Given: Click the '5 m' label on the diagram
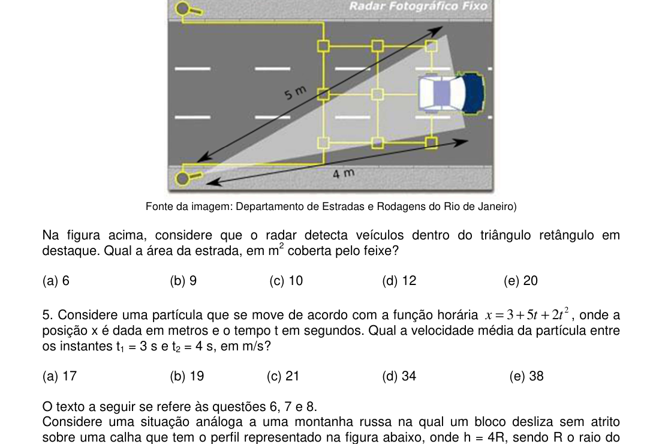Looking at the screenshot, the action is pos(295,92).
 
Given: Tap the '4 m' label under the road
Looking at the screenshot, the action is pos(343,173).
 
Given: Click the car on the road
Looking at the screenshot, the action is pos(451,94).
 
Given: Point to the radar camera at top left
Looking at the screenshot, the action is pos(189,9).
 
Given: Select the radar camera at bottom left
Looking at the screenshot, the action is pos(189,178).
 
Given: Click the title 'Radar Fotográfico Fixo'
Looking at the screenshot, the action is pos(419,7).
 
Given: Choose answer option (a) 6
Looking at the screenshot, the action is pos(56,281).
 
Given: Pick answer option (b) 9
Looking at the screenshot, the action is pos(183,281).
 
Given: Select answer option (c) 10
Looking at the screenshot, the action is pos(286,281).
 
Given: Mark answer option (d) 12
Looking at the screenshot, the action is pos(399,281).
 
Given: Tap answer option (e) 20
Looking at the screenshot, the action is pos(520,281).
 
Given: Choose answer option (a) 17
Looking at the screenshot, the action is pos(59,376).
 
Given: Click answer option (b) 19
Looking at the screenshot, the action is pos(187,376).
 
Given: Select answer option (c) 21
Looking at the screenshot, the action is pos(283,376).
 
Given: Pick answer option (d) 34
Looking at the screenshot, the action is pos(399,376).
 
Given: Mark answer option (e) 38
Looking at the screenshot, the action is pos(526,376).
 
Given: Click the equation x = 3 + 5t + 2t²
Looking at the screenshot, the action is pos(527,314).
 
